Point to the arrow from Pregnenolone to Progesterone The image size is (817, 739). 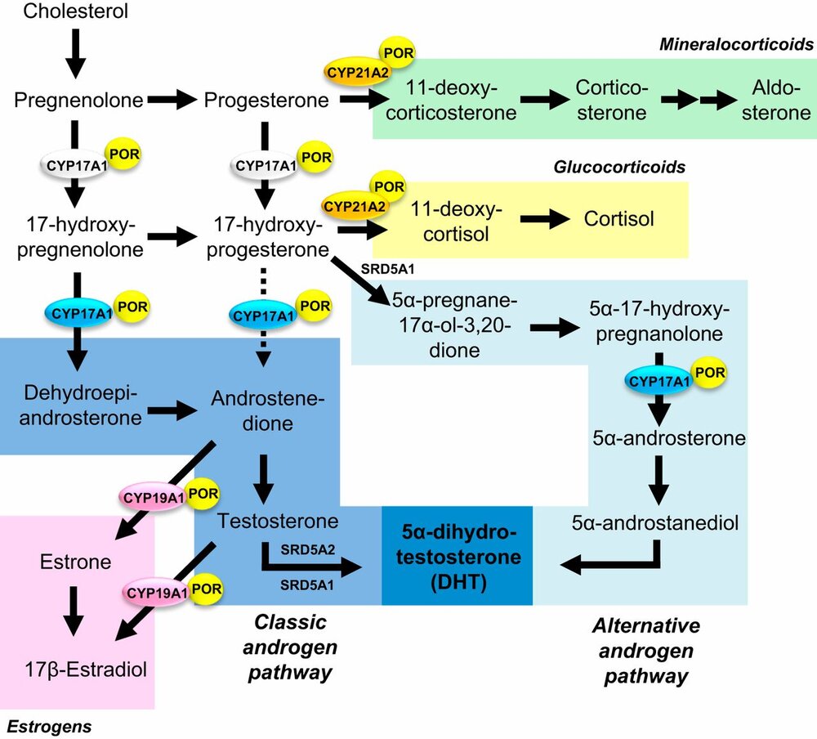pyautogui.click(x=172, y=101)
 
